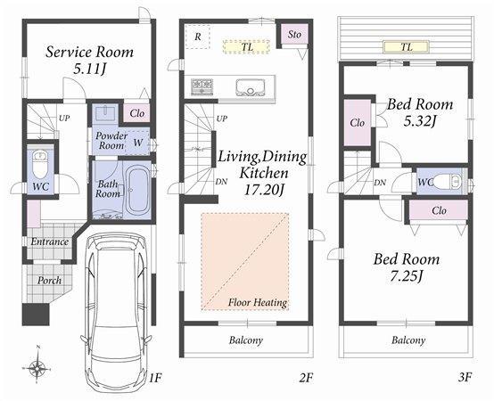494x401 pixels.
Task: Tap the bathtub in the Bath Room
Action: pyautogui.click(x=137, y=190)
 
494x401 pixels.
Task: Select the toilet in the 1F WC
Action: pyautogui.click(x=39, y=164)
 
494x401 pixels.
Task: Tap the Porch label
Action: pyautogui.click(x=49, y=280)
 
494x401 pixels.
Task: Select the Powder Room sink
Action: pyautogui.click(x=103, y=115)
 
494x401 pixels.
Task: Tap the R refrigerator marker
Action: pyautogui.click(x=197, y=36)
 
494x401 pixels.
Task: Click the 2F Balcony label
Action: pyautogui.click(x=245, y=340)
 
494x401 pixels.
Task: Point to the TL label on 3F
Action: pyautogui.click(x=407, y=45)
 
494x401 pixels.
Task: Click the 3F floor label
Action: pyautogui.click(x=464, y=377)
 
